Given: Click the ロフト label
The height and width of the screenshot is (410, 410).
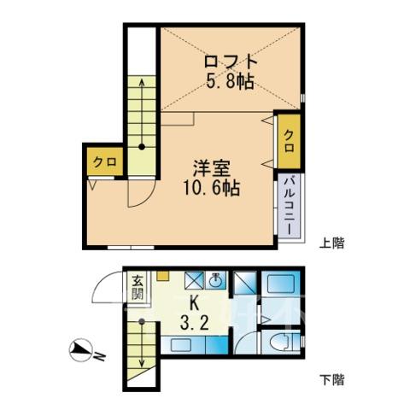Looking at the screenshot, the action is (231, 61).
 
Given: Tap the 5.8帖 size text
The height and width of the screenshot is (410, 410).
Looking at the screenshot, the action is (230, 82).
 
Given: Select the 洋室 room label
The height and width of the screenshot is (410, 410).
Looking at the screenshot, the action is (212, 168).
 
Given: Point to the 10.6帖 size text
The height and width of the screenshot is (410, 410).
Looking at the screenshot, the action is (212, 188).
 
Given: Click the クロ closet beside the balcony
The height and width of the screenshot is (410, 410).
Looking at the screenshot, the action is (290, 141).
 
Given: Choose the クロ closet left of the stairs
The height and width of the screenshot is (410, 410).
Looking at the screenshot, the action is (105, 162).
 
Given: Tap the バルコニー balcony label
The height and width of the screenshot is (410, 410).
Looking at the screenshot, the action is (290, 205).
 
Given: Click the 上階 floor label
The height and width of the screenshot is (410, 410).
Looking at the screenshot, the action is (331, 243).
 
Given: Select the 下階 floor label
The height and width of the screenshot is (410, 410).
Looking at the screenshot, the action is (331, 379).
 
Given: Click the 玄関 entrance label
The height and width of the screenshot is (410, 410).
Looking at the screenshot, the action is (137, 288).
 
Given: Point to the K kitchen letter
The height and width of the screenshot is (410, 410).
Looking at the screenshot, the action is (195, 305).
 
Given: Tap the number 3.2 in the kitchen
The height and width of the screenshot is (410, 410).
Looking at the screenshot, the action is (195, 324).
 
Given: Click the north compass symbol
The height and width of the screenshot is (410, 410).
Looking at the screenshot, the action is (81, 350).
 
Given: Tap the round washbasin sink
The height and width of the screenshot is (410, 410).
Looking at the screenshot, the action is (215, 281).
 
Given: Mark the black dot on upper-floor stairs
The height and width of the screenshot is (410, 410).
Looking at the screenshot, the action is (142, 147).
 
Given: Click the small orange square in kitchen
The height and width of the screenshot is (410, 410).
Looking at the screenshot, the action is (163, 275).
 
